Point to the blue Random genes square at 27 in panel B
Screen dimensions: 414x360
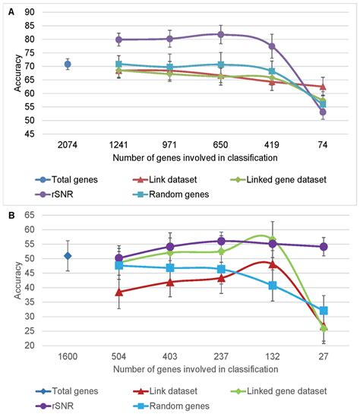point(323,311)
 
